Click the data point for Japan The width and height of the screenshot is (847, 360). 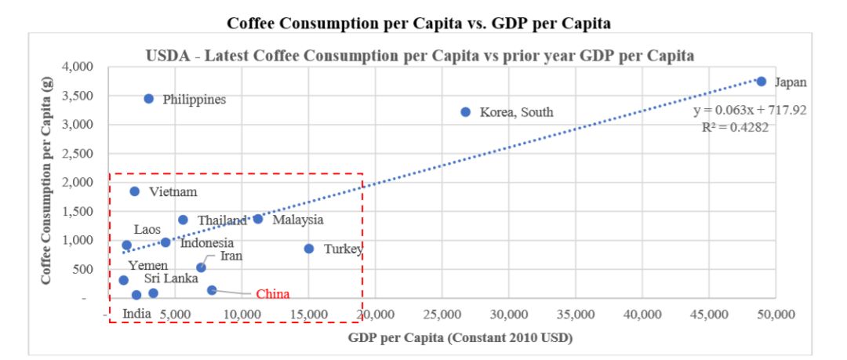click(x=761, y=82)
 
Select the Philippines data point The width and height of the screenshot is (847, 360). click(x=149, y=99)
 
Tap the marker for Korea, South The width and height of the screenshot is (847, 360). click(x=465, y=112)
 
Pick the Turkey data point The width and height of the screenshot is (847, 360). click(x=309, y=249)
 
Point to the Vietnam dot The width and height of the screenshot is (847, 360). click(x=135, y=191)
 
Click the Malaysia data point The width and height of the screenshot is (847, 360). click(x=258, y=219)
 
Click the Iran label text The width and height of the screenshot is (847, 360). click(x=231, y=256)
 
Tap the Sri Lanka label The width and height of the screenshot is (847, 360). click(x=171, y=278)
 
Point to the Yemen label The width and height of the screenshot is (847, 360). click(x=148, y=265)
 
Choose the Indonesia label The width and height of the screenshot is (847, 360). click(x=207, y=243)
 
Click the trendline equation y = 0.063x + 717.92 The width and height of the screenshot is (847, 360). click(x=750, y=110)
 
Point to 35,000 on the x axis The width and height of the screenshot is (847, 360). click(x=576, y=315)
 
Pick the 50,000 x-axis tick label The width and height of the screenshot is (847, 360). click(x=776, y=315)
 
